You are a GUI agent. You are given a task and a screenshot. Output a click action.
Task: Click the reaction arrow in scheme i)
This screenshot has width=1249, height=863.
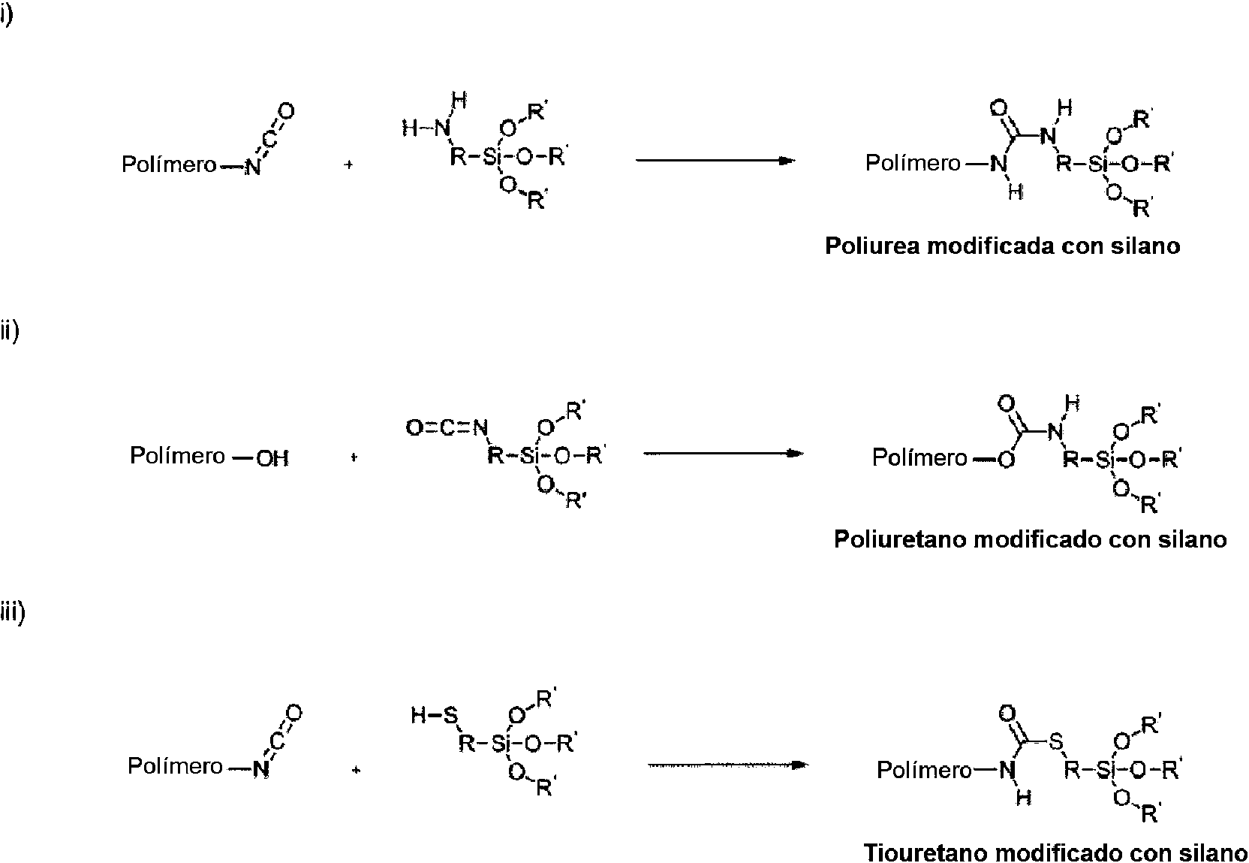(x=715, y=160)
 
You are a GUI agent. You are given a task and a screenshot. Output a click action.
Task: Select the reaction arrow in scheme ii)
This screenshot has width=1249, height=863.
(x=724, y=454)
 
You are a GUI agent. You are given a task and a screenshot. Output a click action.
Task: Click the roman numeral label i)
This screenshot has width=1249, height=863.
(x=7, y=17)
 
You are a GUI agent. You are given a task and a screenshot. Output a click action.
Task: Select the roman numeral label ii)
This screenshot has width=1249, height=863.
(x=10, y=330)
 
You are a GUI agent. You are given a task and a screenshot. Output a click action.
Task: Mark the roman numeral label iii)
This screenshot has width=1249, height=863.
(x=13, y=613)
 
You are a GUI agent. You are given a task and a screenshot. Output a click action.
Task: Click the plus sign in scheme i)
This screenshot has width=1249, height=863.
(x=348, y=164)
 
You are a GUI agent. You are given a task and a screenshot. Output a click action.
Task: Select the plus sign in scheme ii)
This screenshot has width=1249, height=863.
(x=353, y=457)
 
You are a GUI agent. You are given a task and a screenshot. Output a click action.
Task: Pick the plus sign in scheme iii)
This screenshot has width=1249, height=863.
(x=357, y=770)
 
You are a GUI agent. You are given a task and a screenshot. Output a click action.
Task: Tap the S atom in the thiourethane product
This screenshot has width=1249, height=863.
(x=1055, y=743)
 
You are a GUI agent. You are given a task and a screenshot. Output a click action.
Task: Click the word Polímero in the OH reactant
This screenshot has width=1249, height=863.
(x=177, y=456)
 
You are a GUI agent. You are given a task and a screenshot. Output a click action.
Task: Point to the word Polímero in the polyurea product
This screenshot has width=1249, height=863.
(x=913, y=163)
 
